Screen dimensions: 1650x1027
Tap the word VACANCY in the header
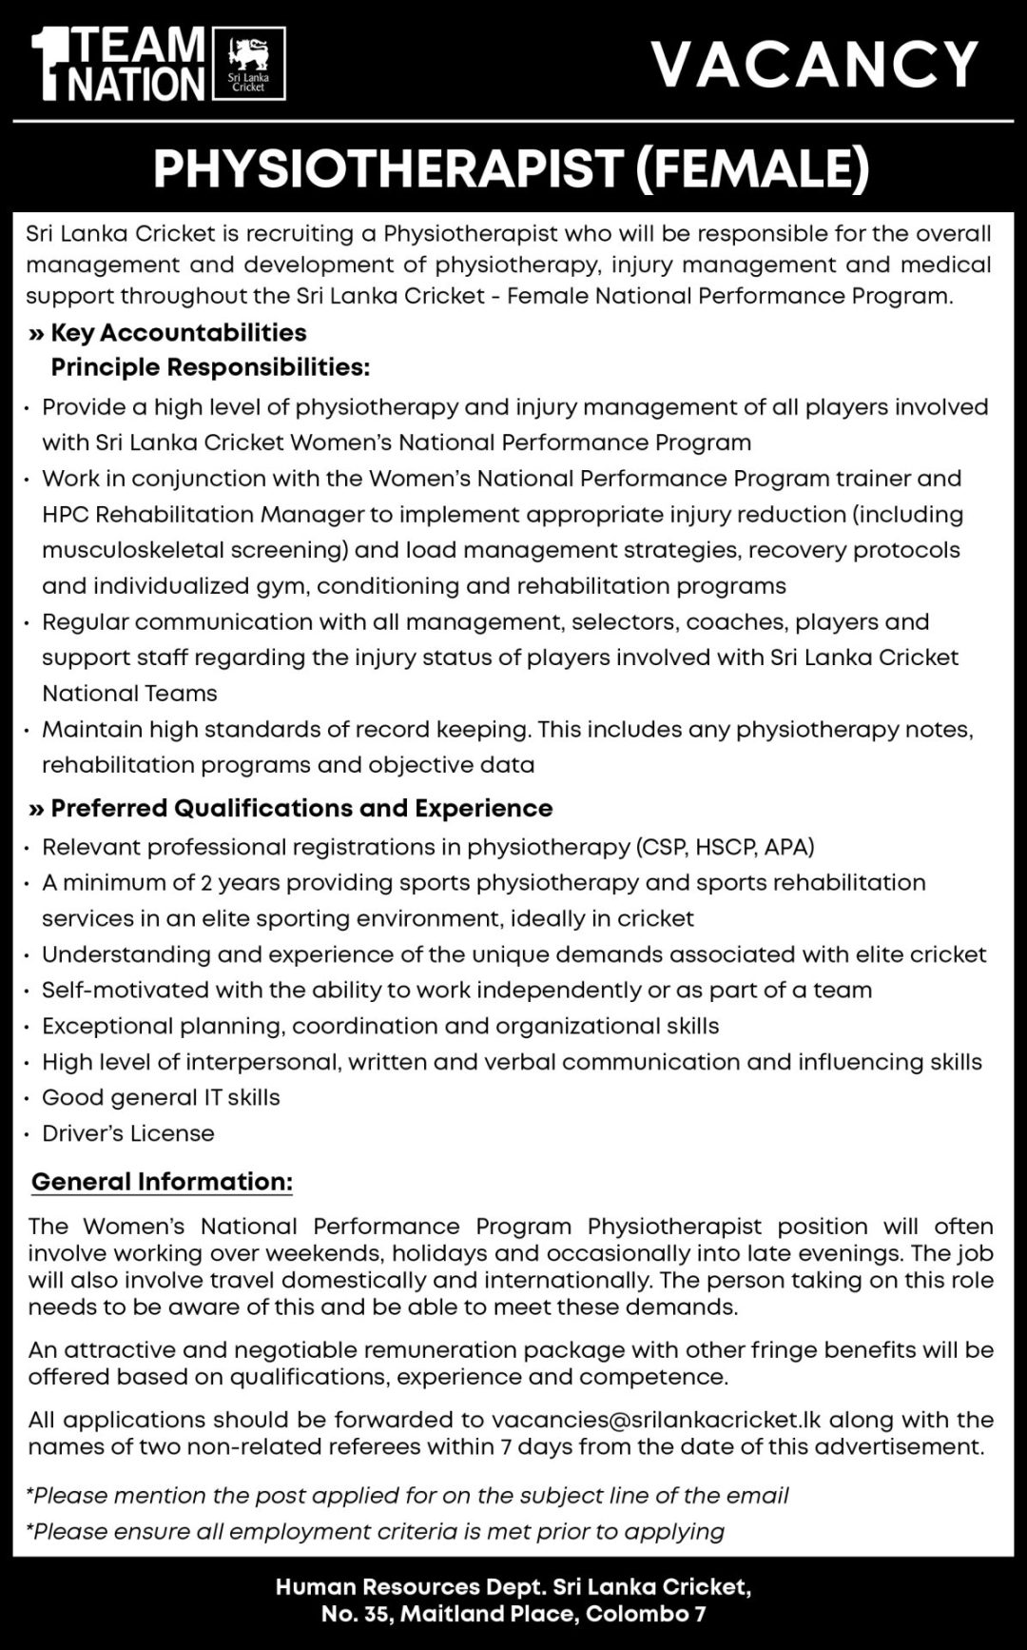coord(815,65)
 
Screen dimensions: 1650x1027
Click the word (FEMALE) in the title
coord(752,169)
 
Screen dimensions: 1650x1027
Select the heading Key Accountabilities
coord(178,333)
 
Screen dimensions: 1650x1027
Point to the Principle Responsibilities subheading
coord(210,367)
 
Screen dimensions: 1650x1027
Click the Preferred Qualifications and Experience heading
coord(301,809)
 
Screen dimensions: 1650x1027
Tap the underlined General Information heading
coord(162,1182)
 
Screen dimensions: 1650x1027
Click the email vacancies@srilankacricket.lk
coord(655,1420)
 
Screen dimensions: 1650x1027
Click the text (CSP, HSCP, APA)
coord(724,847)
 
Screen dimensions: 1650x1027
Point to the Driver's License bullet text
coord(128,1133)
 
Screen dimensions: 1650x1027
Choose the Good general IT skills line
coord(161,1097)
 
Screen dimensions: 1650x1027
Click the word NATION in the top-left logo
coord(138,85)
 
